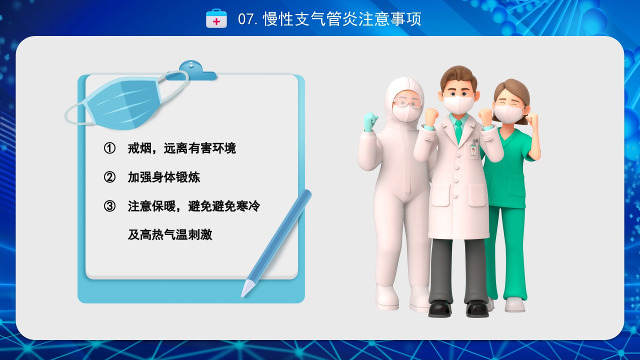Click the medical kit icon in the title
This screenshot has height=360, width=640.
(x=216, y=18)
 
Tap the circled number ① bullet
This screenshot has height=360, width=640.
(x=109, y=148)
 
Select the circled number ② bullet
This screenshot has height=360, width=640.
(x=109, y=177)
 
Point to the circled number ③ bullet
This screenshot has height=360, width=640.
(x=109, y=206)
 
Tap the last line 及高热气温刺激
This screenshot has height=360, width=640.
(x=170, y=235)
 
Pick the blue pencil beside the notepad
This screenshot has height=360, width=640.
(x=278, y=240)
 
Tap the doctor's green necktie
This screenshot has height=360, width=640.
(x=458, y=130)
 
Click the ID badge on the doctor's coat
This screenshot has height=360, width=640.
(x=473, y=149)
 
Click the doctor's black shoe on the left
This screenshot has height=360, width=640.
(x=439, y=308)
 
